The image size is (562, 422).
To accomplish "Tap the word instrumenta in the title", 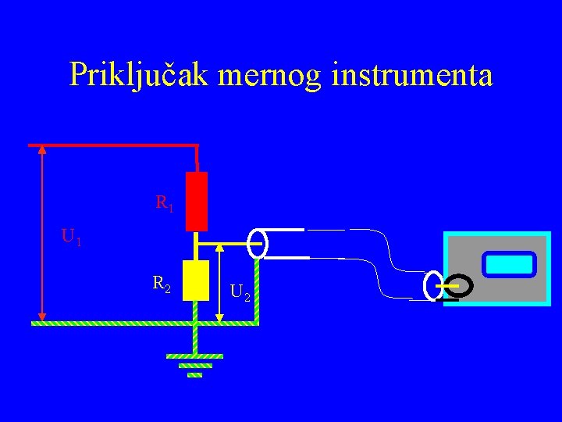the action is pos(412,76).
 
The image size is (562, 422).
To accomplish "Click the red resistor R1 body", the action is pos(197,202).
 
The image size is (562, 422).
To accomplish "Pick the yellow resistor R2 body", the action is pos(194,281).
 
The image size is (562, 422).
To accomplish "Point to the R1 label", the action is pos(165,205).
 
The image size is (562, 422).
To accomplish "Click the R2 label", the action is pos(162,284).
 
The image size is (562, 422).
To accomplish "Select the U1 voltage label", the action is pos(71,236).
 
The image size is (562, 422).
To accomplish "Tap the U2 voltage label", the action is pos(240,295).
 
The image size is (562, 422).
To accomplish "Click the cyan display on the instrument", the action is pos(508,264).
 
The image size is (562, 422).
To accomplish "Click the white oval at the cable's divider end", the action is pos(258,243).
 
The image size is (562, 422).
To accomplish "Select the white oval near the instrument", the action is pos(431,285).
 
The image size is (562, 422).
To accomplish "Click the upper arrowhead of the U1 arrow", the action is pos(42,152).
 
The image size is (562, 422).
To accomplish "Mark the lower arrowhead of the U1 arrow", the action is pos(42,316).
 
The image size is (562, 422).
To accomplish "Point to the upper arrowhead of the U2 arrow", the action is pos(219,248).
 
